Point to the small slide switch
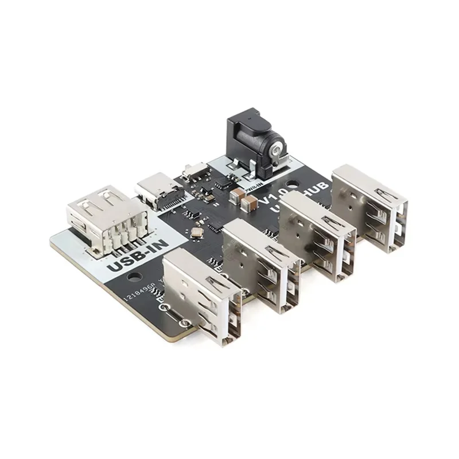195,170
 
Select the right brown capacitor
250,202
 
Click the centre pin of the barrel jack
277,150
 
